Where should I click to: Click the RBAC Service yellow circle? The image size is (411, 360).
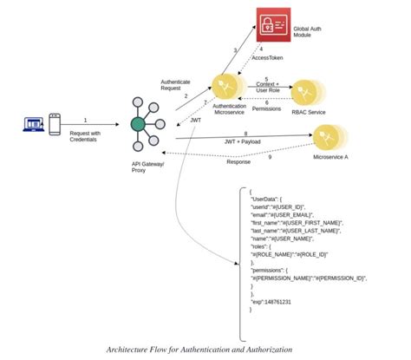pos(306,94)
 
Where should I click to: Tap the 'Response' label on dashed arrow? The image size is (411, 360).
pos(239,161)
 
